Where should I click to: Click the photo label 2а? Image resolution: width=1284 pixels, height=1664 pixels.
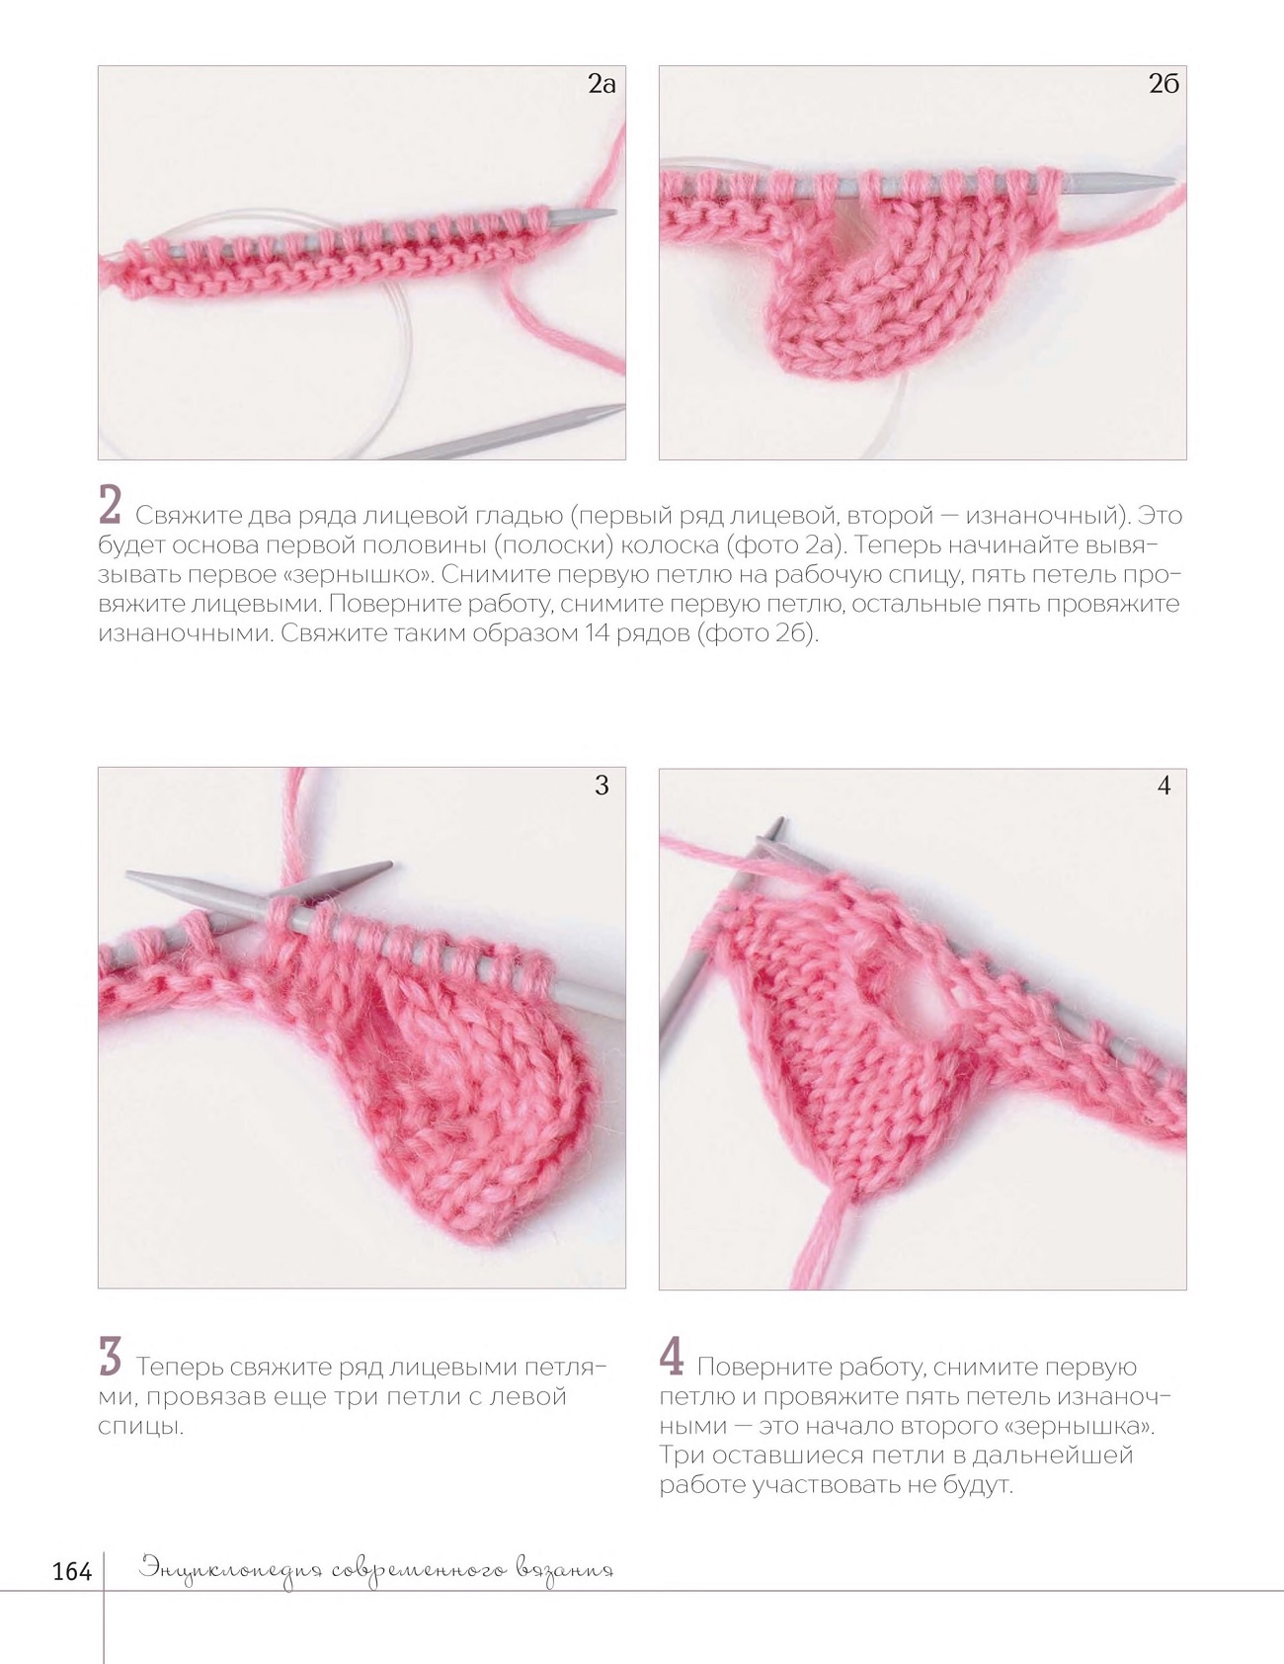tap(602, 84)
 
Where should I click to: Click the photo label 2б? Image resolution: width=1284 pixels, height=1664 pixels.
tap(1164, 84)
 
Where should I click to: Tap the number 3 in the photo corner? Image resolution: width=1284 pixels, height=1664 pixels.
tap(602, 786)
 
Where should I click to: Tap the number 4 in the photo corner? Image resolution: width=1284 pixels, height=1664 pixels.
tap(1164, 786)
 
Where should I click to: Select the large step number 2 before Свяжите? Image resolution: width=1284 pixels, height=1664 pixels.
tap(110, 504)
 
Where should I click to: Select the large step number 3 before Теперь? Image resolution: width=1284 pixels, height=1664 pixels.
tap(110, 1356)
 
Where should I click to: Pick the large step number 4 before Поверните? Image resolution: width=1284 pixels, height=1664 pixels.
tap(672, 1356)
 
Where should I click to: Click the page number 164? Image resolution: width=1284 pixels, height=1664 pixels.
tap(71, 1571)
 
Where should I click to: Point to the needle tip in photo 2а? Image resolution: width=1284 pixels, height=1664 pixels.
tap(615, 211)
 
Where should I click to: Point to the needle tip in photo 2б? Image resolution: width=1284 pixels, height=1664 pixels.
tap(1172, 181)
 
